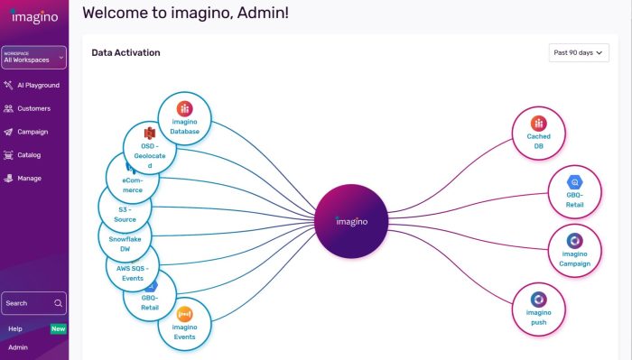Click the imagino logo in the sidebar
[x=33, y=17]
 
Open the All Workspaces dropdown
[x=33, y=58]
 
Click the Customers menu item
[x=33, y=108]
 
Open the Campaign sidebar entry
[x=33, y=132]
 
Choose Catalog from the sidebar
[x=29, y=155]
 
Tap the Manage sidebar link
[x=29, y=179]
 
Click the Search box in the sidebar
[x=33, y=303]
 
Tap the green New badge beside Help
[x=58, y=328]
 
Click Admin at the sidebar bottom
[x=18, y=346]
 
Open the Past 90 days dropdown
[x=579, y=53]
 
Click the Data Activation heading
[x=125, y=53]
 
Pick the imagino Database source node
[x=184, y=119]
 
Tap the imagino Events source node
[x=184, y=324]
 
